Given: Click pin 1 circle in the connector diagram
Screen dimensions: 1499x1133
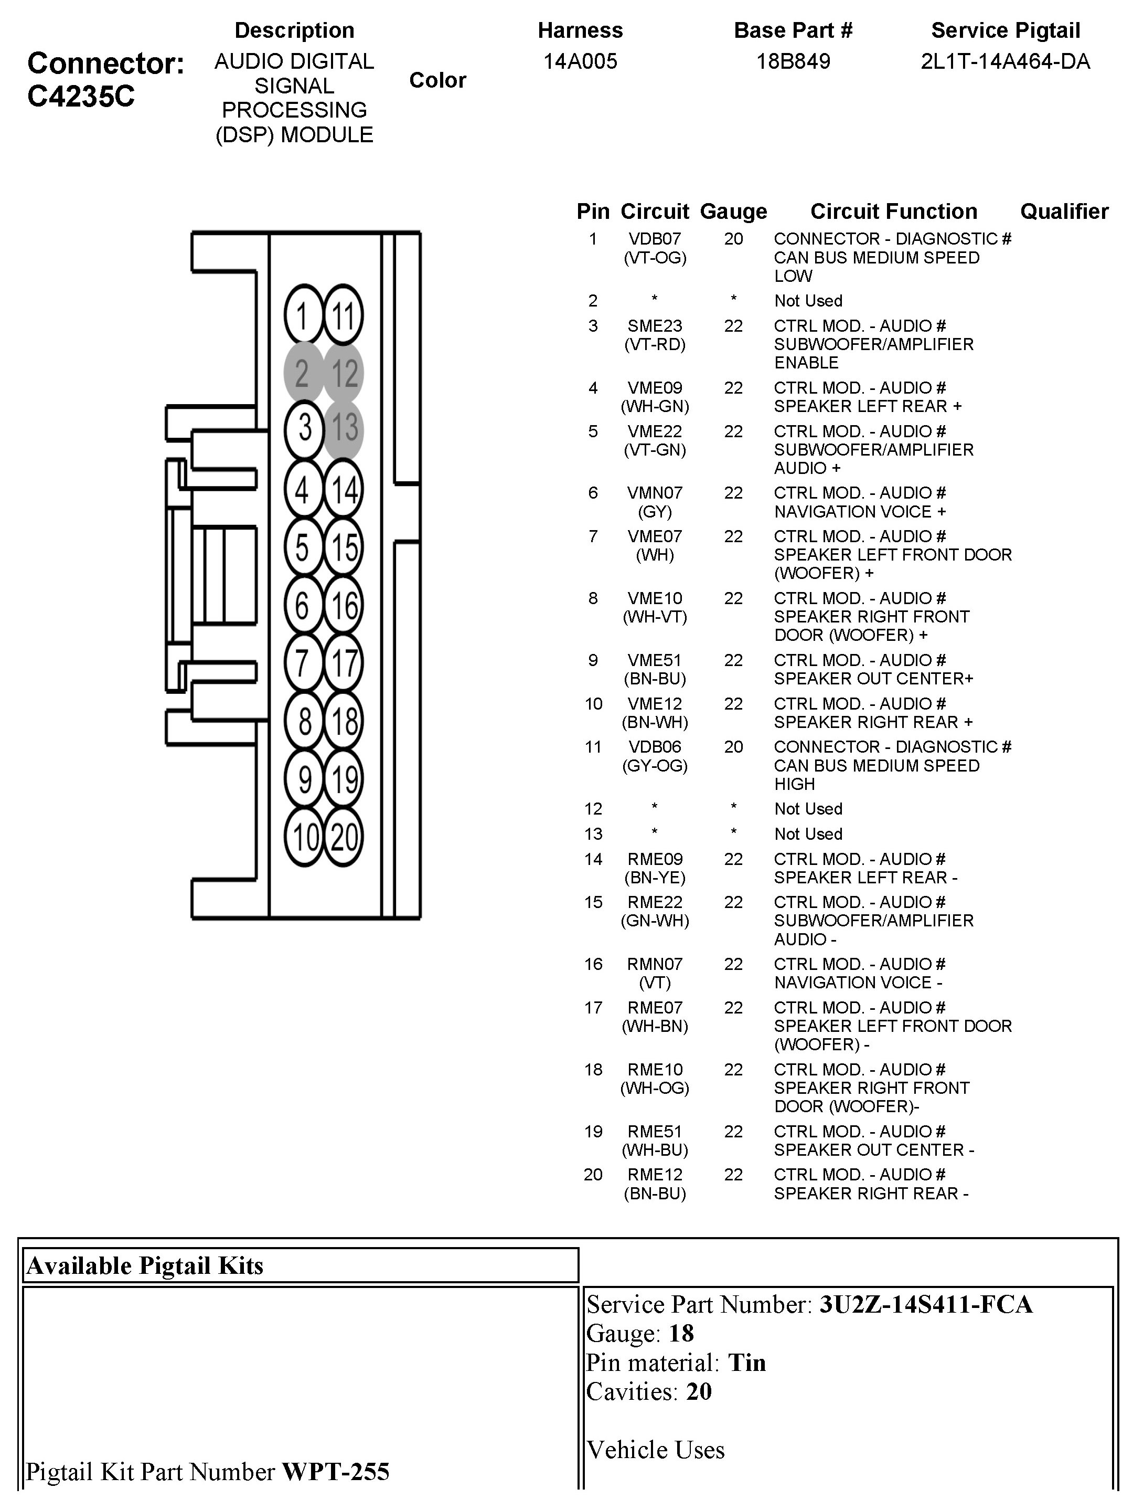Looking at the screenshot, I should coord(303,315).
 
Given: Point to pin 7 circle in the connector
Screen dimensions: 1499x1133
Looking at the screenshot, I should coord(303,662).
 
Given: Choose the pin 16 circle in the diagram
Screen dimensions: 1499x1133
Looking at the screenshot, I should coord(344,605).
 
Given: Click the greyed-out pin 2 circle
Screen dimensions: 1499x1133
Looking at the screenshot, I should coord(303,373).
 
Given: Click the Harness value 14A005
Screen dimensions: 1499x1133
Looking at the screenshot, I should coord(580,61).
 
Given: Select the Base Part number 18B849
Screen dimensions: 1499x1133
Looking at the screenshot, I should coord(793,61).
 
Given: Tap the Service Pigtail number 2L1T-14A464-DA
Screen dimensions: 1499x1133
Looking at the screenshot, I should coord(1005,61).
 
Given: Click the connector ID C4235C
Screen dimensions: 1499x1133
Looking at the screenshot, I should coord(81,96).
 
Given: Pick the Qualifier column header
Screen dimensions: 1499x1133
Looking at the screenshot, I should coord(1064,212).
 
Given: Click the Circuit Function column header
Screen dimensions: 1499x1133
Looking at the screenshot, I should coord(893,212).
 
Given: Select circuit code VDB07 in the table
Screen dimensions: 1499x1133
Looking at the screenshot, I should coord(655,239).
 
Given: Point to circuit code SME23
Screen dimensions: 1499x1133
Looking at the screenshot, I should coord(655,326).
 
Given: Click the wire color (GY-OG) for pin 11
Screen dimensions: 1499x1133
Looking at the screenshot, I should coord(655,766).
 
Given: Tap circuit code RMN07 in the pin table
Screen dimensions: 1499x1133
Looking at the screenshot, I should coord(655,964).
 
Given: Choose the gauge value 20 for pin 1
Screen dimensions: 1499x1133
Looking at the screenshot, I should coord(733,239).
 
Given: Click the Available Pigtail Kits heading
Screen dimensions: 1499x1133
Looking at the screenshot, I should coord(145,1266).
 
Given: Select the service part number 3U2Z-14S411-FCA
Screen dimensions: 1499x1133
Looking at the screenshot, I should coord(926,1304).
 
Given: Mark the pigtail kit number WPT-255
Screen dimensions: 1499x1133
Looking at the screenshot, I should coord(335,1471).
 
